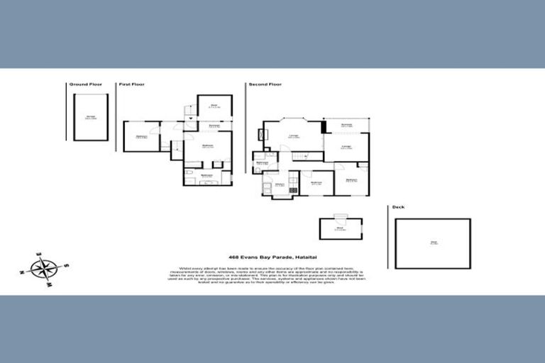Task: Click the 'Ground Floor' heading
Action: click(x=85, y=84)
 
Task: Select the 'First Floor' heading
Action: click(x=131, y=84)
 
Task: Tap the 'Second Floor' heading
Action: click(x=264, y=84)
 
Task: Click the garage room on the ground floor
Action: click(x=90, y=118)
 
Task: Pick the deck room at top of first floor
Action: click(x=214, y=107)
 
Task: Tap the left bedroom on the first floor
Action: click(x=141, y=137)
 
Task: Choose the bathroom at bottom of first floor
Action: click(x=208, y=175)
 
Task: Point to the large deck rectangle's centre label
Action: click(x=433, y=243)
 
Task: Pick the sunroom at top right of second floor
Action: click(x=346, y=125)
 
